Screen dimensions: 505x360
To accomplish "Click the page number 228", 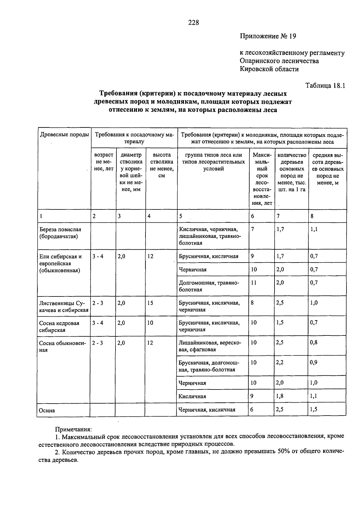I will pyautogui.click(x=193, y=23).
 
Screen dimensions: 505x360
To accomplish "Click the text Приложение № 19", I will pyautogui.click(x=268, y=36).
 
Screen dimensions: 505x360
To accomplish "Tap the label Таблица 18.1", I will pyautogui.click(x=325, y=85).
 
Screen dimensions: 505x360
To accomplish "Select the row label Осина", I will pyautogui.click(x=47, y=410).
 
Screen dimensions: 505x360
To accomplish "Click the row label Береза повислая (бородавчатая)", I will pyautogui.click(x=60, y=233).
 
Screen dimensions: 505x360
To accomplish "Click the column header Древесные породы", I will pyautogui.click(x=64, y=135).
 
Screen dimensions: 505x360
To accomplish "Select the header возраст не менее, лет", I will pyautogui.click(x=103, y=162).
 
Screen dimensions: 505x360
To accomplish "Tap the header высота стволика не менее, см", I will pyautogui.click(x=161, y=165).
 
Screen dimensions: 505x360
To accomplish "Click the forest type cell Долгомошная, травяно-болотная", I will pyautogui.click(x=209, y=286).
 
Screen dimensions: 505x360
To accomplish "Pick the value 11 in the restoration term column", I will pyautogui.click(x=254, y=283).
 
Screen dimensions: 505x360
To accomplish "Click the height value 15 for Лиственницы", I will pyautogui.click(x=150, y=303).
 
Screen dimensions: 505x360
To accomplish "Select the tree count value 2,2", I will pyautogui.click(x=280, y=362).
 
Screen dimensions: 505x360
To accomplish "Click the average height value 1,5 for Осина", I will pyautogui.click(x=314, y=409).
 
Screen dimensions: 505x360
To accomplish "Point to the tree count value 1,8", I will pyautogui.click(x=280, y=396).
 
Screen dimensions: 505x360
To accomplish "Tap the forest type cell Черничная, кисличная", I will pyautogui.click(x=207, y=410).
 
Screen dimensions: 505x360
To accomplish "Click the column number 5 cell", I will pyautogui.click(x=181, y=216).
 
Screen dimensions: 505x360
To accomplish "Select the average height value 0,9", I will pyautogui.click(x=314, y=362).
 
